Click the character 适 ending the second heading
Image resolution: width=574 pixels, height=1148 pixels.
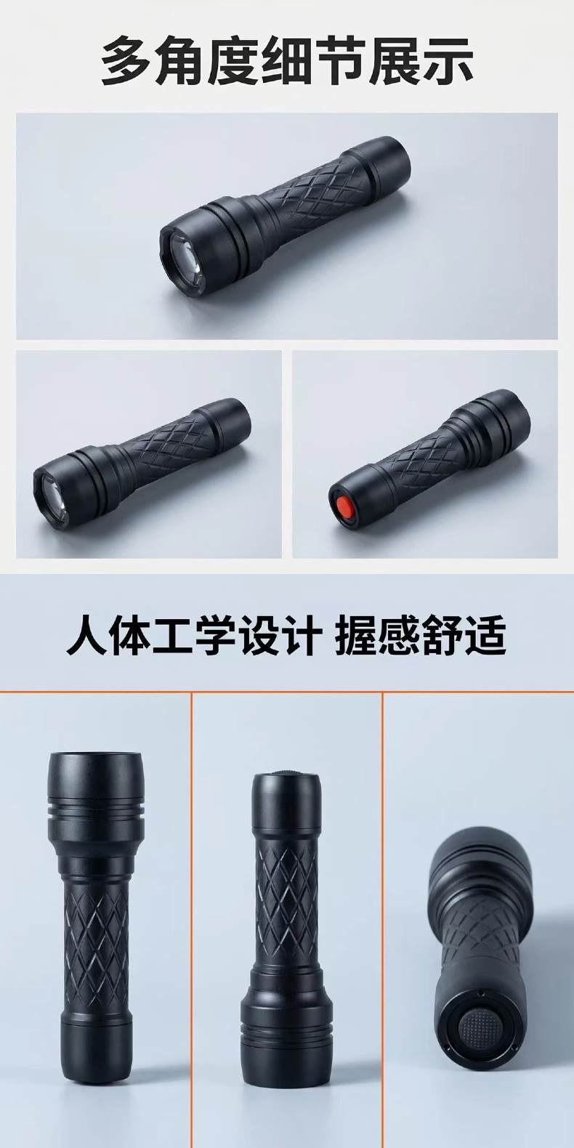485,636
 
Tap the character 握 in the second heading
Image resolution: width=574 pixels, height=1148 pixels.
355,636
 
